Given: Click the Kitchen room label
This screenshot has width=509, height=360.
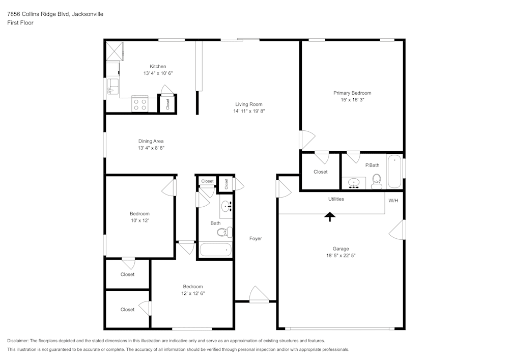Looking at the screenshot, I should coord(158,67).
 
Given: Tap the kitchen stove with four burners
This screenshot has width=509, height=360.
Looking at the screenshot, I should coord(139,104).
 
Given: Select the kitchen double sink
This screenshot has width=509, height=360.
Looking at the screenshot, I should coord(112,87).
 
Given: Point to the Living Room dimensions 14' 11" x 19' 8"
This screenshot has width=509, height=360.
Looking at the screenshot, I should coord(248,111).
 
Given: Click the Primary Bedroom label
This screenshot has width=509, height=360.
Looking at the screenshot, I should coord(352,93).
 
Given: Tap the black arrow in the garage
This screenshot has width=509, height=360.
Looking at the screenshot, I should coord(330,216).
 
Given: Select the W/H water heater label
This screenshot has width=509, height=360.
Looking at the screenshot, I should coord(393,201).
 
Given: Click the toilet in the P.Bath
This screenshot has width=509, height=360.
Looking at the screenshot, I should coord(377,180).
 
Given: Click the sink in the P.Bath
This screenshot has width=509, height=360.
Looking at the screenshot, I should coord(354,183).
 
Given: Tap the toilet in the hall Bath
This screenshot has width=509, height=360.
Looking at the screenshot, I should coord(224,232).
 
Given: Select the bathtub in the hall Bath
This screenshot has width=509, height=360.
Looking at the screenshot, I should coord(215,250).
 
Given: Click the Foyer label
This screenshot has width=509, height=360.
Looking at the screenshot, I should coord(256,238).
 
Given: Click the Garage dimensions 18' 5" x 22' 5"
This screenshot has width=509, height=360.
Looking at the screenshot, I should coord(341,256).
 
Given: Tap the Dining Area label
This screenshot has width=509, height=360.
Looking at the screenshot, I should coord(151,141).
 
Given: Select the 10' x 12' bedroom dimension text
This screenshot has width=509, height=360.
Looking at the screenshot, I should coord(139,220).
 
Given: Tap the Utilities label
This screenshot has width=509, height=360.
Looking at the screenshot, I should coord(336,199).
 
